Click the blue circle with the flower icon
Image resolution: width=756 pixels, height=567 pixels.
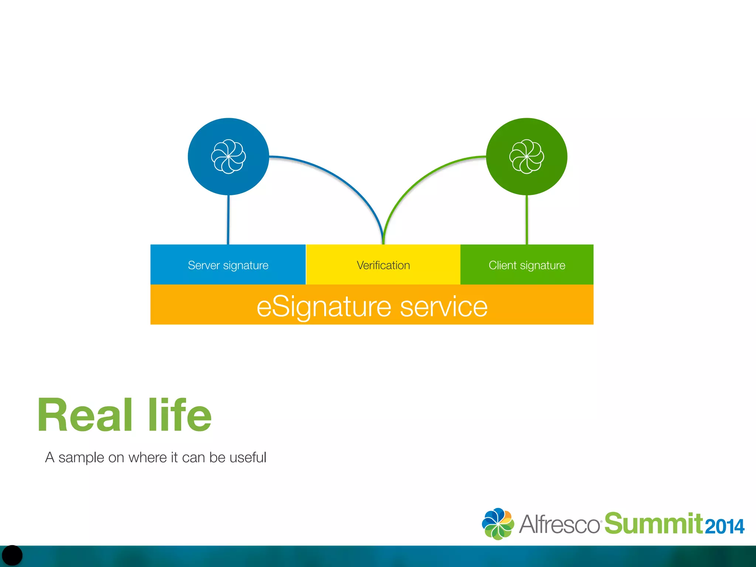click(228, 157)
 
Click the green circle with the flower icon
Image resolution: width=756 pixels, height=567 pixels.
click(526, 157)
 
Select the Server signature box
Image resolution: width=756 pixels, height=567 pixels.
click(228, 265)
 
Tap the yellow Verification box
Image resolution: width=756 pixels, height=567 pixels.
click(383, 265)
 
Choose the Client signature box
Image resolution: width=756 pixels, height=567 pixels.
click(527, 265)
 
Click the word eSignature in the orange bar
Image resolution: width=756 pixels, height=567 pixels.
click(323, 307)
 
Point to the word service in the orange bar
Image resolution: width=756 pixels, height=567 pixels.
click(444, 307)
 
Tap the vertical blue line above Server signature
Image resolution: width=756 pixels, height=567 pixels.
click(228, 220)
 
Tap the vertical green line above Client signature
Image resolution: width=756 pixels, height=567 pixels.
click(527, 220)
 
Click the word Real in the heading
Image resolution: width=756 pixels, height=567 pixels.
click(85, 415)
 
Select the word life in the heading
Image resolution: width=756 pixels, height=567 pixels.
click(180, 415)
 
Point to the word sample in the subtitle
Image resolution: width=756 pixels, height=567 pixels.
click(81, 458)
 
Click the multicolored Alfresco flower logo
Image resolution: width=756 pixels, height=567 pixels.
click(498, 524)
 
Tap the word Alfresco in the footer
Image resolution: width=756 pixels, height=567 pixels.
click(559, 524)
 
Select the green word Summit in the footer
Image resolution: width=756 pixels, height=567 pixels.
click(653, 523)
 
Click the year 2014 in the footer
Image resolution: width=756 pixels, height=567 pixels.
click(724, 526)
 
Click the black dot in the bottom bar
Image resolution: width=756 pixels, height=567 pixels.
click(12, 555)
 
